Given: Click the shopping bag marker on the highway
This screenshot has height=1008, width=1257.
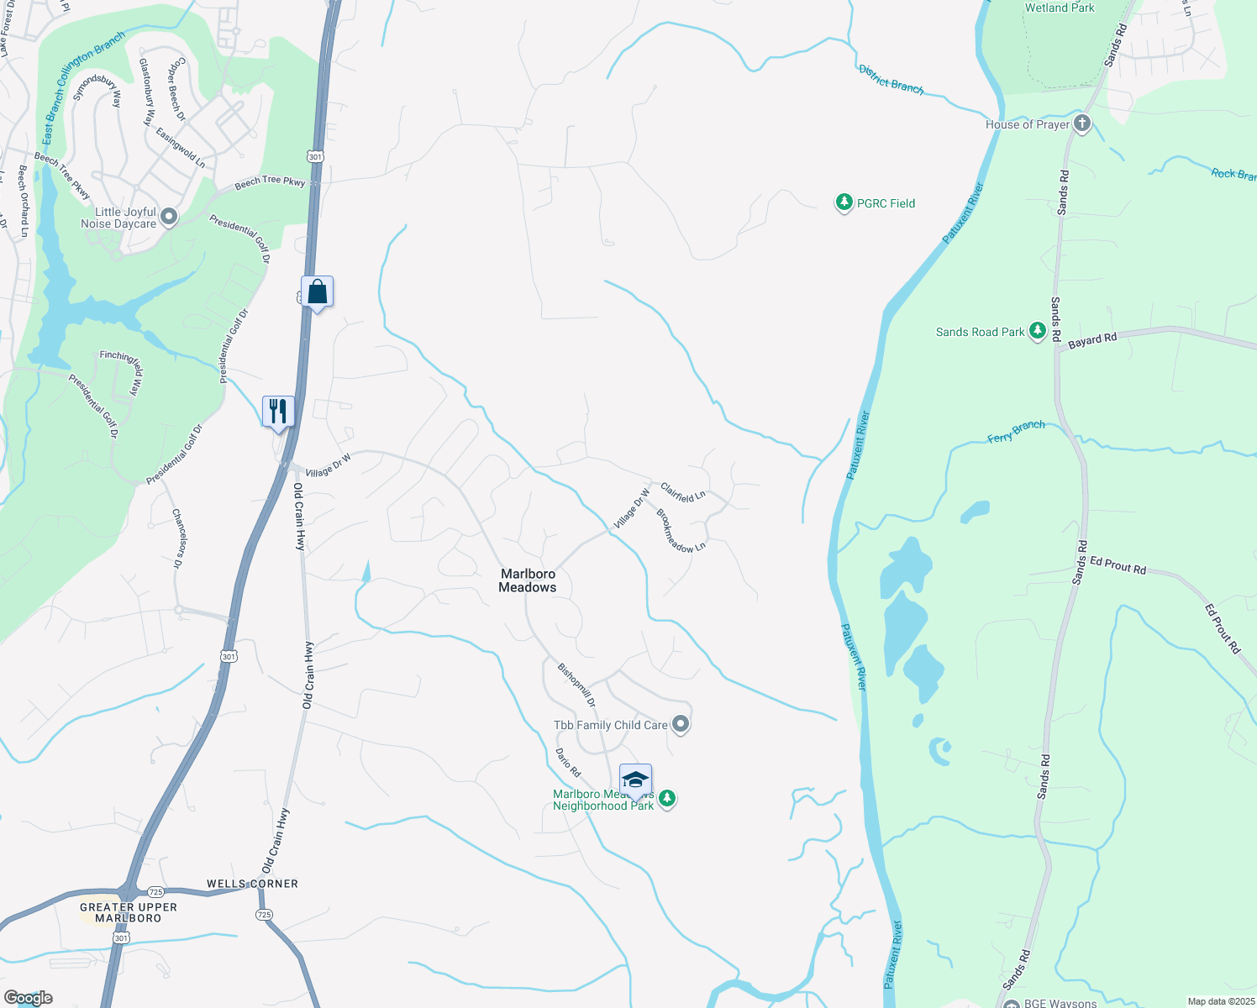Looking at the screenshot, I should click(318, 292).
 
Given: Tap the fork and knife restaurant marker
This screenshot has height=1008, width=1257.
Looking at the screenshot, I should click(278, 412).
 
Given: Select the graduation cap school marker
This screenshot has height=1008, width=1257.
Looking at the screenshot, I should click(635, 780).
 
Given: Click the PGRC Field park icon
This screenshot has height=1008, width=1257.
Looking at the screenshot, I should click(844, 203).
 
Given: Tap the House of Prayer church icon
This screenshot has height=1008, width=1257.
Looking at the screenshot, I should click(1082, 124).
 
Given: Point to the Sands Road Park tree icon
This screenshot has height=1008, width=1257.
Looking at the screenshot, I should click(1038, 332).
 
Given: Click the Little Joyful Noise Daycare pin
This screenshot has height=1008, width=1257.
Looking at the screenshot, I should click(169, 218).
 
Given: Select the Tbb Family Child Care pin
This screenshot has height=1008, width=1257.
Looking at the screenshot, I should click(681, 724).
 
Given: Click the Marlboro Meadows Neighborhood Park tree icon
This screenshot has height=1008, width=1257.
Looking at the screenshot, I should click(667, 799).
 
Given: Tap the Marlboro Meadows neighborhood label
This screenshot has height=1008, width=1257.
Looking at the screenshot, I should click(528, 580).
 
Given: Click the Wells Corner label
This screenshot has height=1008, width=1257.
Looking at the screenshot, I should click(252, 884).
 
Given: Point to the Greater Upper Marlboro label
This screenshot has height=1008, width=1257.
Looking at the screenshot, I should click(129, 912).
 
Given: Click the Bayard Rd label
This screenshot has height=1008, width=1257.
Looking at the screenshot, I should click(1092, 340).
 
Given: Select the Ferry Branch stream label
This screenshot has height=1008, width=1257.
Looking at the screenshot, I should click(1016, 432).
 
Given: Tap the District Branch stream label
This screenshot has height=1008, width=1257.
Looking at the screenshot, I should click(891, 79).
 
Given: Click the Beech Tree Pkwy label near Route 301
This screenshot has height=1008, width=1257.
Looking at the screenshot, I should click(270, 181).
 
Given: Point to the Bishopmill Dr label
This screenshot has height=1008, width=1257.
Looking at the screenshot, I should click(576, 685).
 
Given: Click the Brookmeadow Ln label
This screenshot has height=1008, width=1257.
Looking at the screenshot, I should click(681, 531).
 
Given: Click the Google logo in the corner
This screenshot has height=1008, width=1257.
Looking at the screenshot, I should click(29, 998).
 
